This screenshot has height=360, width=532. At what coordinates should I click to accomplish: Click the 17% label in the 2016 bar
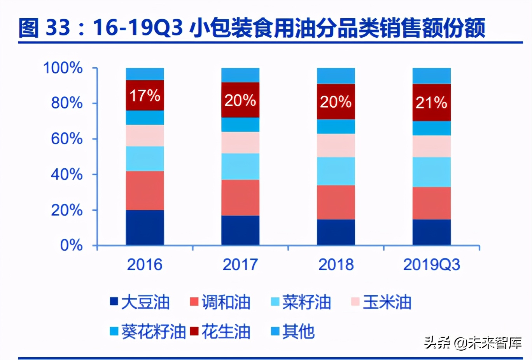click(145, 96)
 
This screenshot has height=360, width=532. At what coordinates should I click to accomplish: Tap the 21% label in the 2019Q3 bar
click(431, 103)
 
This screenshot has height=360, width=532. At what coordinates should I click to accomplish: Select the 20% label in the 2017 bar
click(240, 100)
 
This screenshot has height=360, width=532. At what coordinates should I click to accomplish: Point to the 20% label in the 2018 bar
click(336, 102)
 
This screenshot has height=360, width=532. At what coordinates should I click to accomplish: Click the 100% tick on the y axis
click(63, 68)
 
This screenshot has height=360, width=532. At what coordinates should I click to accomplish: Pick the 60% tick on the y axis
click(67, 139)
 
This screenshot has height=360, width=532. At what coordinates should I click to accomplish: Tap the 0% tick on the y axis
click(71, 245)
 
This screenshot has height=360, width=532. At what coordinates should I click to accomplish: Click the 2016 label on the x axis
click(145, 265)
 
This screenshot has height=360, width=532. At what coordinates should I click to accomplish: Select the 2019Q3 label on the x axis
click(431, 265)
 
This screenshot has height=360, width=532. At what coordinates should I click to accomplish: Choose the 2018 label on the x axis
click(336, 265)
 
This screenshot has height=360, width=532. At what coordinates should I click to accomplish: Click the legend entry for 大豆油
click(140, 302)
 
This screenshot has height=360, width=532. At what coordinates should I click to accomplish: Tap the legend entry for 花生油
click(220, 332)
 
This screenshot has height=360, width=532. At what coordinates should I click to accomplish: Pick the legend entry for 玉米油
click(381, 302)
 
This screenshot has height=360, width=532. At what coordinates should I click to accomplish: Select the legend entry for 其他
click(293, 332)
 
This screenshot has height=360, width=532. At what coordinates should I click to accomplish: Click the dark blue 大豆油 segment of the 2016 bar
click(145, 227)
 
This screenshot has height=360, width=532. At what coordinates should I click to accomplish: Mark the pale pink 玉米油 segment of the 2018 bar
click(336, 145)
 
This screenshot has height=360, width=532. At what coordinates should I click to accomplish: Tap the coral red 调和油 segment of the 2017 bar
click(240, 197)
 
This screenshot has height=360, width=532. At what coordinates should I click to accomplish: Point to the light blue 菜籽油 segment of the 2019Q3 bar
click(431, 172)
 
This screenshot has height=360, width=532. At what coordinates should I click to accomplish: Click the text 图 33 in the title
click(44, 28)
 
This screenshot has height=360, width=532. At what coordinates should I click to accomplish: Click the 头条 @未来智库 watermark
click(472, 343)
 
